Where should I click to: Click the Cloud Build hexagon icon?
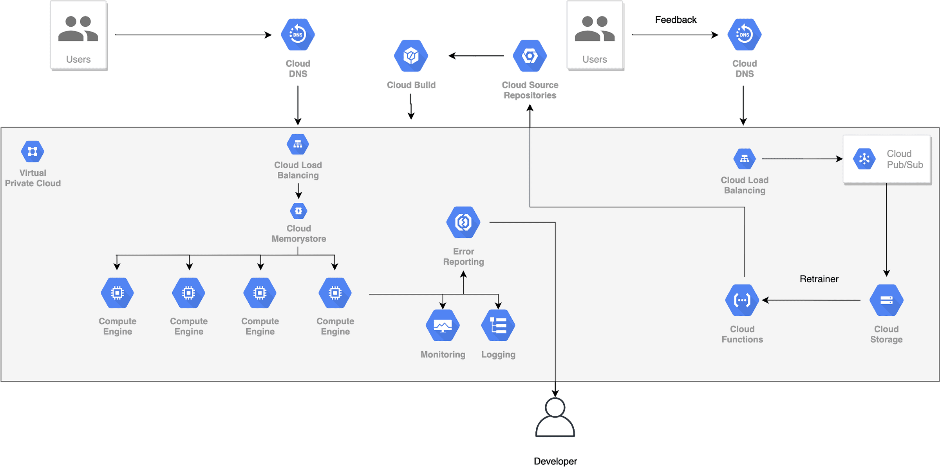411,56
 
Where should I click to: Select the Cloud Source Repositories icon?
530,56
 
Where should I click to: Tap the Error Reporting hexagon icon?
463,222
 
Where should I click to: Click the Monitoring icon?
443,325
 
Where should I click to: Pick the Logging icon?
498,325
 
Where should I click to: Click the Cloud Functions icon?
742,300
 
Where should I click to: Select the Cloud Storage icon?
886,300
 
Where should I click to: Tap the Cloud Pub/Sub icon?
864,159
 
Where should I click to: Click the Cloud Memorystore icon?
298,211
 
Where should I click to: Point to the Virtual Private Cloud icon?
33,151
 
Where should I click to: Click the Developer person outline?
555,418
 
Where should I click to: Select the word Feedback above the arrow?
676,20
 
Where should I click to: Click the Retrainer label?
819,279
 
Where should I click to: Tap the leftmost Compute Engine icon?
117,293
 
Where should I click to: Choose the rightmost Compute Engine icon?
335,293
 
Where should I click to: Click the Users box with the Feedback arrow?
595,35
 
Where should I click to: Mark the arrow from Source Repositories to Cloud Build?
476,56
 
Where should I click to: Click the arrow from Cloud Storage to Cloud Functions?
811,300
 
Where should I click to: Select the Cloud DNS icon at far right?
744,35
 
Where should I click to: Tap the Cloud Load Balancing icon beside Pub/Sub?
744,159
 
